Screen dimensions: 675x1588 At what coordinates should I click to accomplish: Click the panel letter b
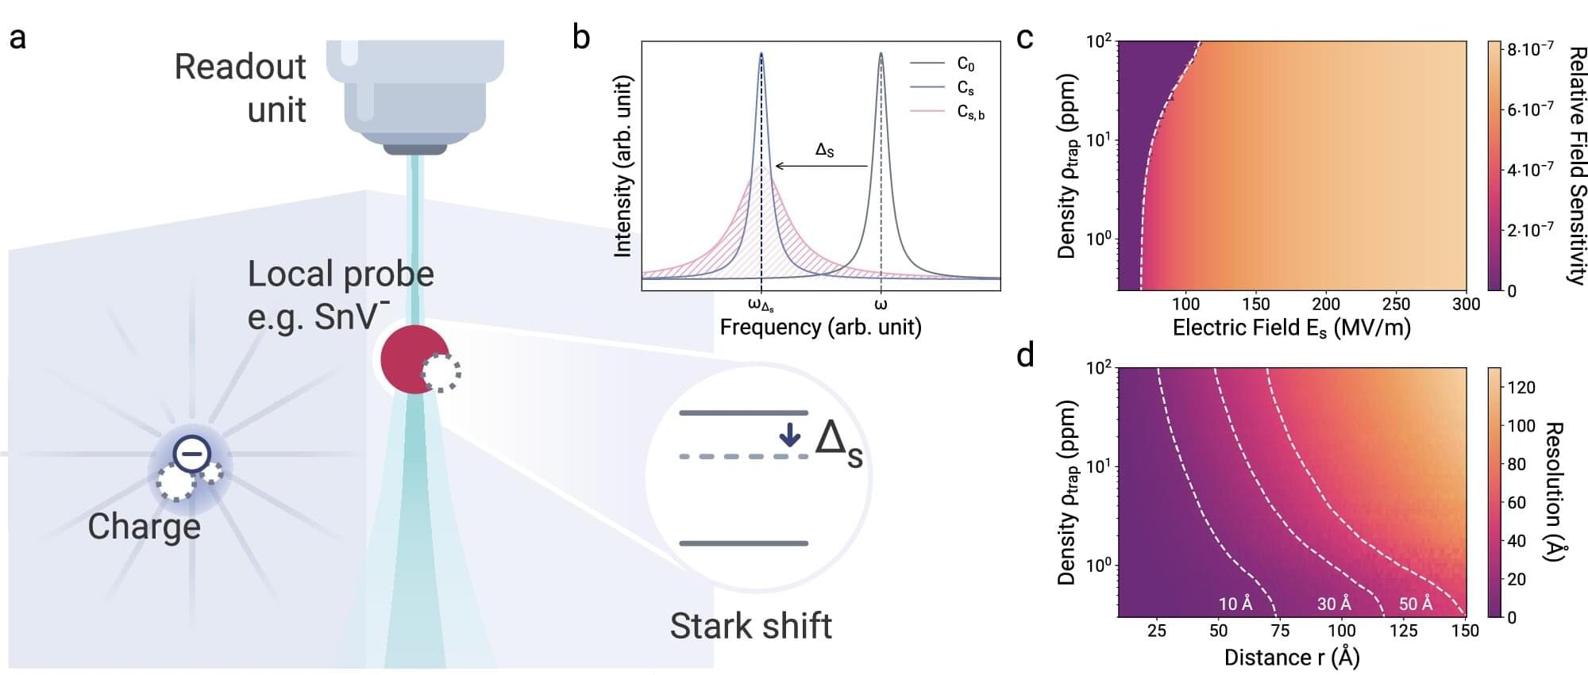[x=581, y=37]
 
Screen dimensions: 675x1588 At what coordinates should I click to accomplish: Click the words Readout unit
[x=240, y=87]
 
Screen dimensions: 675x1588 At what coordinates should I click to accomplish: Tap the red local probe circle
[x=410, y=359]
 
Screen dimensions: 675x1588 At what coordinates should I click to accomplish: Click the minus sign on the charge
[x=191, y=454]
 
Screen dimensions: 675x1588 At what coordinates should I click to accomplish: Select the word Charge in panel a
[x=144, y=527]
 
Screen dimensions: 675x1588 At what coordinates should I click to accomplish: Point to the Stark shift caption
[x=750, y=626]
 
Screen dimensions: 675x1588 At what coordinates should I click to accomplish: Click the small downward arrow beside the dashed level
[x=789, y=434]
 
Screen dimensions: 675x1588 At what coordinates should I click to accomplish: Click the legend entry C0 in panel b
[x=965, y=63]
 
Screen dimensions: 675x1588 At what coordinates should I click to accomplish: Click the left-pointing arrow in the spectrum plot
[x=821, y=166]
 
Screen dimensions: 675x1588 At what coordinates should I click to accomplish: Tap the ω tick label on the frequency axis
[x=881, y=304]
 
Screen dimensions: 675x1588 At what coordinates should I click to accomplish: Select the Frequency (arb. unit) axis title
[x=820, y=327]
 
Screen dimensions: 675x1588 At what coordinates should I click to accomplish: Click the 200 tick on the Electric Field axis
[x=1325, y=304]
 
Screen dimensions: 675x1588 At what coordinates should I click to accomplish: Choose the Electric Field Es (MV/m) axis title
[x=1291, y=327]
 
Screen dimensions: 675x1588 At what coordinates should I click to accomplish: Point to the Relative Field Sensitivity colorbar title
[x=1576, y=165]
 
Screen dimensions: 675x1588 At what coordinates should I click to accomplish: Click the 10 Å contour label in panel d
[x=1235, y=604]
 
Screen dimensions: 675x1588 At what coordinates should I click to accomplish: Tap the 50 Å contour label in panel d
[x=1416, y=604]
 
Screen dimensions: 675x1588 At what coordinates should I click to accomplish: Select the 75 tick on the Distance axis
[x=1280, y=631]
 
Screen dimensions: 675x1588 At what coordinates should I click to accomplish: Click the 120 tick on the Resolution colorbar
[x=1521, y=387]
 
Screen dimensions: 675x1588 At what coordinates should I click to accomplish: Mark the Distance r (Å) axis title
[x=1292, y=657]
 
